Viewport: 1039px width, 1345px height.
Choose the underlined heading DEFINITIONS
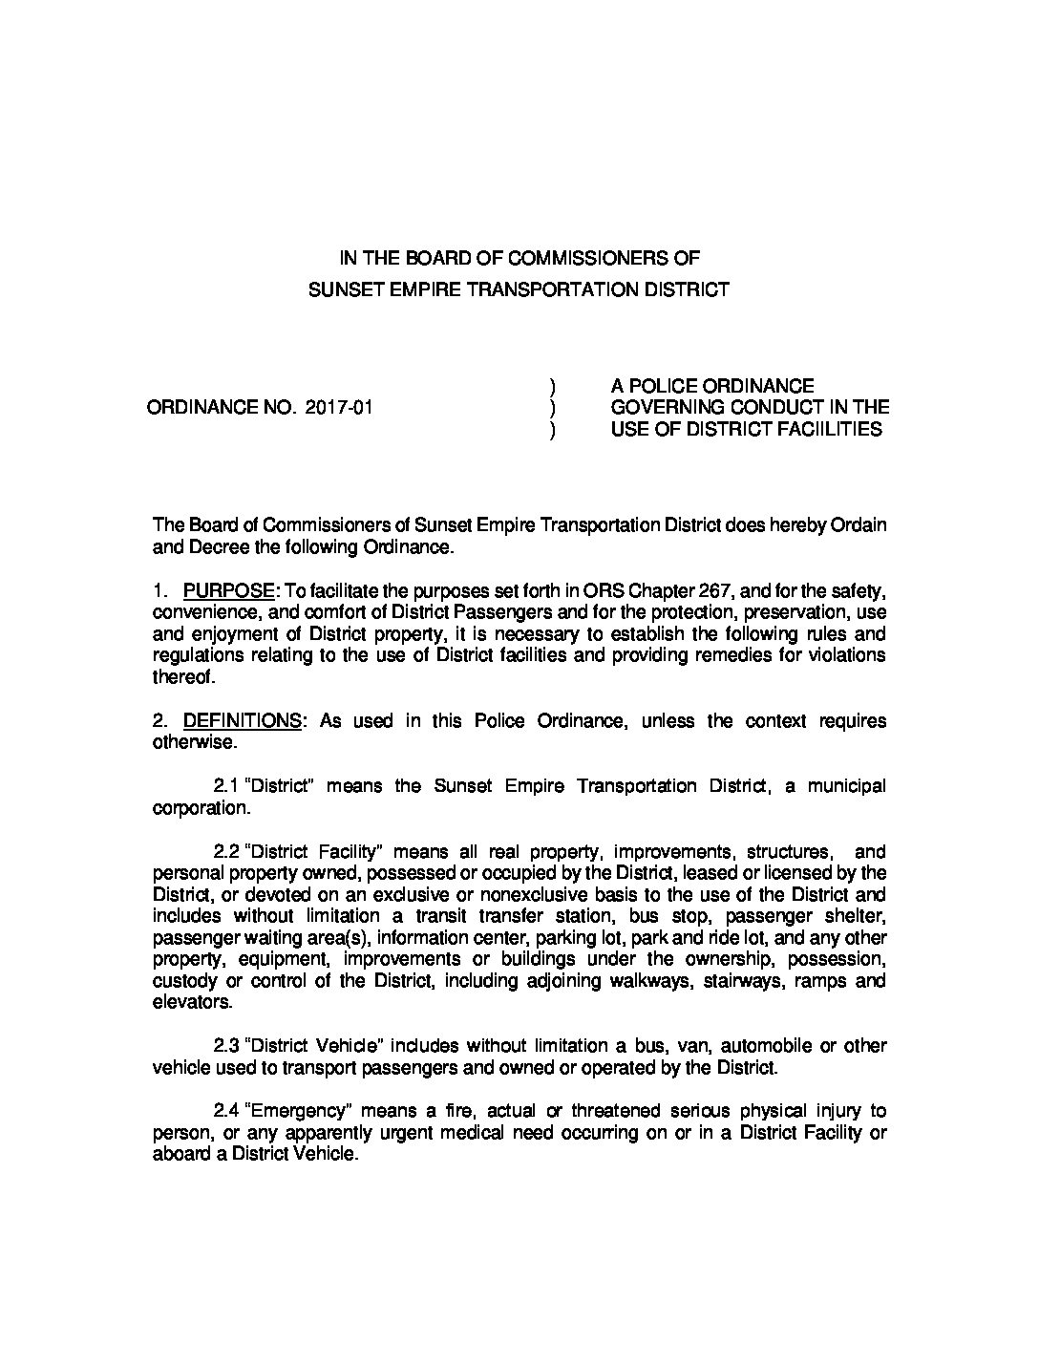pos(242,721)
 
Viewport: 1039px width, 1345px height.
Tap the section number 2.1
pos(226,786)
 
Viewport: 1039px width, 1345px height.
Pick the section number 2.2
pos(226,852)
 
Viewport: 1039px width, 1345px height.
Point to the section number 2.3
pos(226,1046)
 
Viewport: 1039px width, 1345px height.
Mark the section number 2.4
pos(226,1111)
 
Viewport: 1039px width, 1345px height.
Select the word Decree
pos(213,547)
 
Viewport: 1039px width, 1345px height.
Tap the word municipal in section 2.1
pos(847,786)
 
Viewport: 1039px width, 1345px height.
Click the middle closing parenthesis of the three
pos(552,408)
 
